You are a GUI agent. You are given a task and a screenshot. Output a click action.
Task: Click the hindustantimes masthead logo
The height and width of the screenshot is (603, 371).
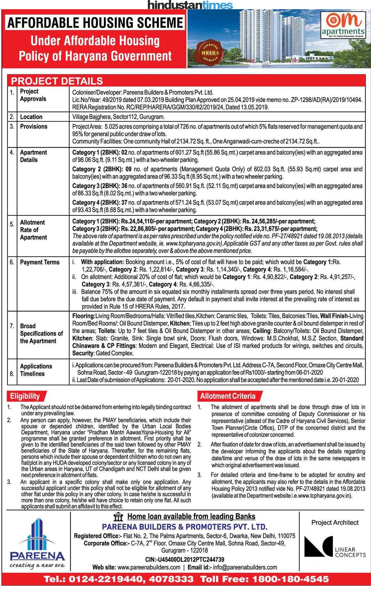coord(190,5)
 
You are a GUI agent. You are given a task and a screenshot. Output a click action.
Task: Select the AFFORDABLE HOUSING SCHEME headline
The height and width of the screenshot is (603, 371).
coord(95,23)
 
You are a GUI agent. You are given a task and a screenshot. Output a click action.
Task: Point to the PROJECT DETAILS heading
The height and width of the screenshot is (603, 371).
coord(57,81)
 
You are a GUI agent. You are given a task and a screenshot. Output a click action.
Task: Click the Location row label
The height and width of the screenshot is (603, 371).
coord(31,117)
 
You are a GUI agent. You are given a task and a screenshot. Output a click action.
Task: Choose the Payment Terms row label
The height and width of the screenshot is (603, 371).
coord(40,262)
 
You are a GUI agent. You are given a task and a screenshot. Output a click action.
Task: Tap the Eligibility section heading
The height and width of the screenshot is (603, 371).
coord(25,396)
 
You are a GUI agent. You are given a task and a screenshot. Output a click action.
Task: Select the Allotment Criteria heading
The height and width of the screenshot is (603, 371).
coord(228,396)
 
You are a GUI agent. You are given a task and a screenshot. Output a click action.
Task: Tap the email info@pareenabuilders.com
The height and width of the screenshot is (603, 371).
coord(245,567)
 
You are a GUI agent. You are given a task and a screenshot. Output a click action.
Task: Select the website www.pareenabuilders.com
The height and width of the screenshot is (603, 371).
coord(149,567)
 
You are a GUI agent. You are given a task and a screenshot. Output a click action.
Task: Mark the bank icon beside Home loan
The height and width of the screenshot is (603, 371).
coord(118,517)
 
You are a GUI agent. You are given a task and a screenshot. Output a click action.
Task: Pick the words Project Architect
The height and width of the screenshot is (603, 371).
coord(335,523)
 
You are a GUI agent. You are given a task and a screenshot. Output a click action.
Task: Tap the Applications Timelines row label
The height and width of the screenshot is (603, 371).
coord(36,370)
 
